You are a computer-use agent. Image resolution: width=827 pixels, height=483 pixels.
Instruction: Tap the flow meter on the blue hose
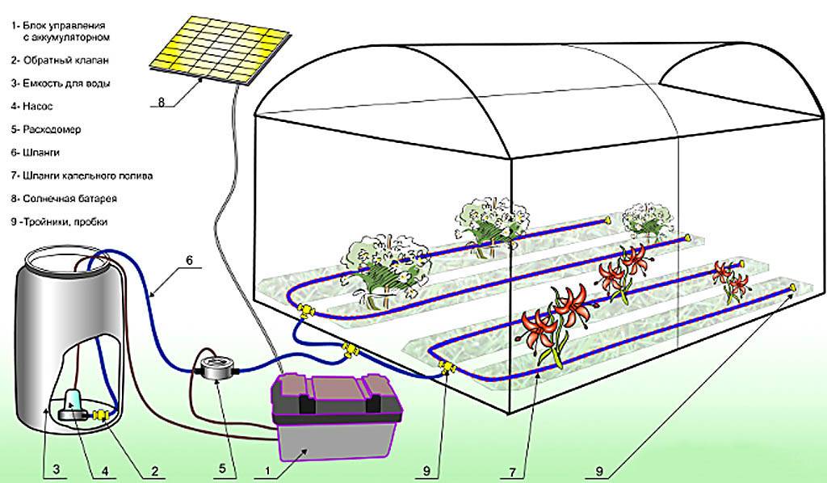(216, 367)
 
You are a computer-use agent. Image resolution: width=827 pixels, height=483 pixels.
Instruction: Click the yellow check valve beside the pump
(101, 416)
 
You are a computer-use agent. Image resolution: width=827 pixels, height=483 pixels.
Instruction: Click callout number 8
(162, 103)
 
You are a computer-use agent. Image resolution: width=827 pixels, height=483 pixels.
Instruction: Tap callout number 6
(190, 260)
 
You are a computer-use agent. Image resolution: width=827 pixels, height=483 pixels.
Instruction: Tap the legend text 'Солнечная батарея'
(69, 199)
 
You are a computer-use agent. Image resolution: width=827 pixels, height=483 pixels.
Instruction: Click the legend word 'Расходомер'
(52, 129)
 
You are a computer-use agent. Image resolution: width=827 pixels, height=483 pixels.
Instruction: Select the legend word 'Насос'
(37, 106)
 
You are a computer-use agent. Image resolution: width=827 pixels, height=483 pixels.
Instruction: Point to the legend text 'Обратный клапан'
(66, 60)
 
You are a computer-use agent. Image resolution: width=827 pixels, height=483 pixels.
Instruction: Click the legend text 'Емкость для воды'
(66, 83)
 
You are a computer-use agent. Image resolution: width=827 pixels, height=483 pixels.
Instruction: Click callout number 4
(105, 468)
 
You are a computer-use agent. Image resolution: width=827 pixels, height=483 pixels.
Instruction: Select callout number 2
(154, 468)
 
